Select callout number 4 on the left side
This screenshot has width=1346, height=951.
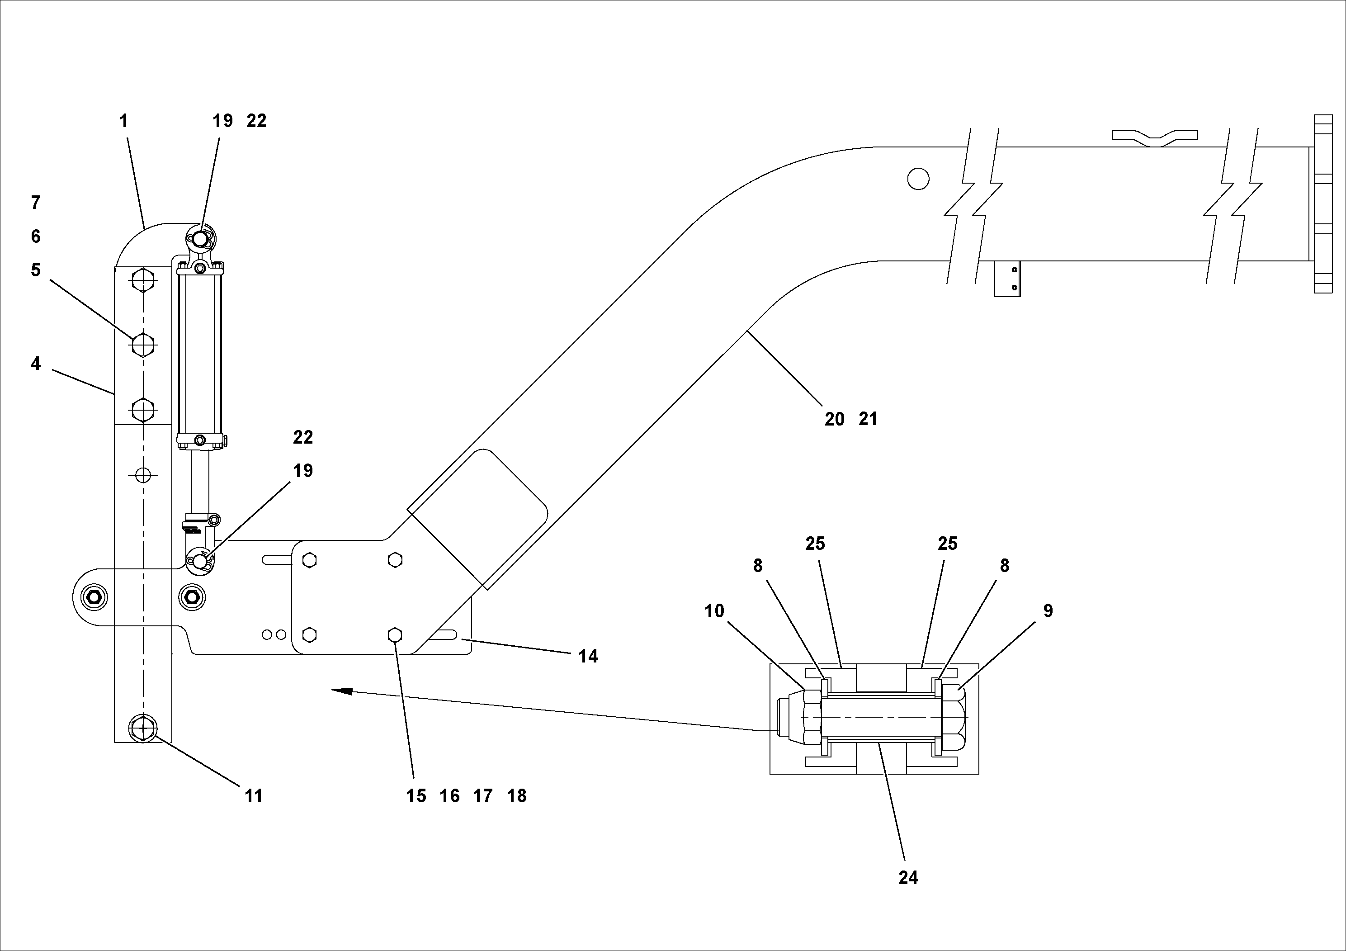pyautogui.click(x=36, y=364)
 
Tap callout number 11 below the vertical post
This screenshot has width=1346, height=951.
pyautogui.click(x=253, y=796)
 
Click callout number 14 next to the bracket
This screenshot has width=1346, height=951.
pyautogui.click(x=588, y=657)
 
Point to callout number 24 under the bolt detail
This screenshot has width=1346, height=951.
pyautogui.click(x=908, y=878)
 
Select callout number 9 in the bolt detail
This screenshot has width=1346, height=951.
pyautogui.click(x=1048, y=611)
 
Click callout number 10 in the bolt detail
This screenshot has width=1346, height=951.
pyautogui.click(x=715, y=611)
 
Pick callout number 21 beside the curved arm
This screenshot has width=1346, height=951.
pyautogui.click(x=868, y=419)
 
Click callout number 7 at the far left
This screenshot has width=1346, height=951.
pyautogui.click(x=36, y=203)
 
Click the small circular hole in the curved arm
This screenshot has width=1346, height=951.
pyautogui.click(x=918, y=178)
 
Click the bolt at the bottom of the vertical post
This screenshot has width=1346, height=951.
pyautogui.click(x=143, y=729)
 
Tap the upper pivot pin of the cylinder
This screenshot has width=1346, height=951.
pyautogui.click(x=200, y=239)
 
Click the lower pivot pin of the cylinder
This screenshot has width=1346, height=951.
pyautogui.click(x=200, y=561)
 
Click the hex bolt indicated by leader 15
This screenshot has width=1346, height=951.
pyautogui.click(x=395, y=635)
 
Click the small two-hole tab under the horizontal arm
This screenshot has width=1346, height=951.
pyautogui.click(x=1007, y=279)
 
